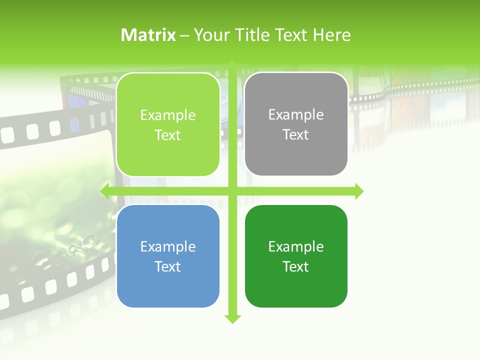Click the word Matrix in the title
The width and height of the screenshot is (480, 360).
pos(148,35)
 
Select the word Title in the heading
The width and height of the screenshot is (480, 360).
pos(252,35)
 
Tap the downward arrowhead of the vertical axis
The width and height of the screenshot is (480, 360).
pos(232,318)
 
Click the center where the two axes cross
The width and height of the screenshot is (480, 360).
pos(232,191)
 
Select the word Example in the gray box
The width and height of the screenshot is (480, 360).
pos(296,115)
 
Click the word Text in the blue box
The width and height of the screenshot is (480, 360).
pos(168,266)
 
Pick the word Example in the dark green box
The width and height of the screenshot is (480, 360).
pos(296,246)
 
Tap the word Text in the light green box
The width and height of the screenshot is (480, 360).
pos(168,135)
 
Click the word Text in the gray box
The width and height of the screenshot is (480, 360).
pos(296,135)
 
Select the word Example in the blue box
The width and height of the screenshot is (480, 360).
pos(168,246)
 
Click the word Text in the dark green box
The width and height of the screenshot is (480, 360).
pos(296,266)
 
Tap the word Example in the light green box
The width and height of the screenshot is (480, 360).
pos(168,115)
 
